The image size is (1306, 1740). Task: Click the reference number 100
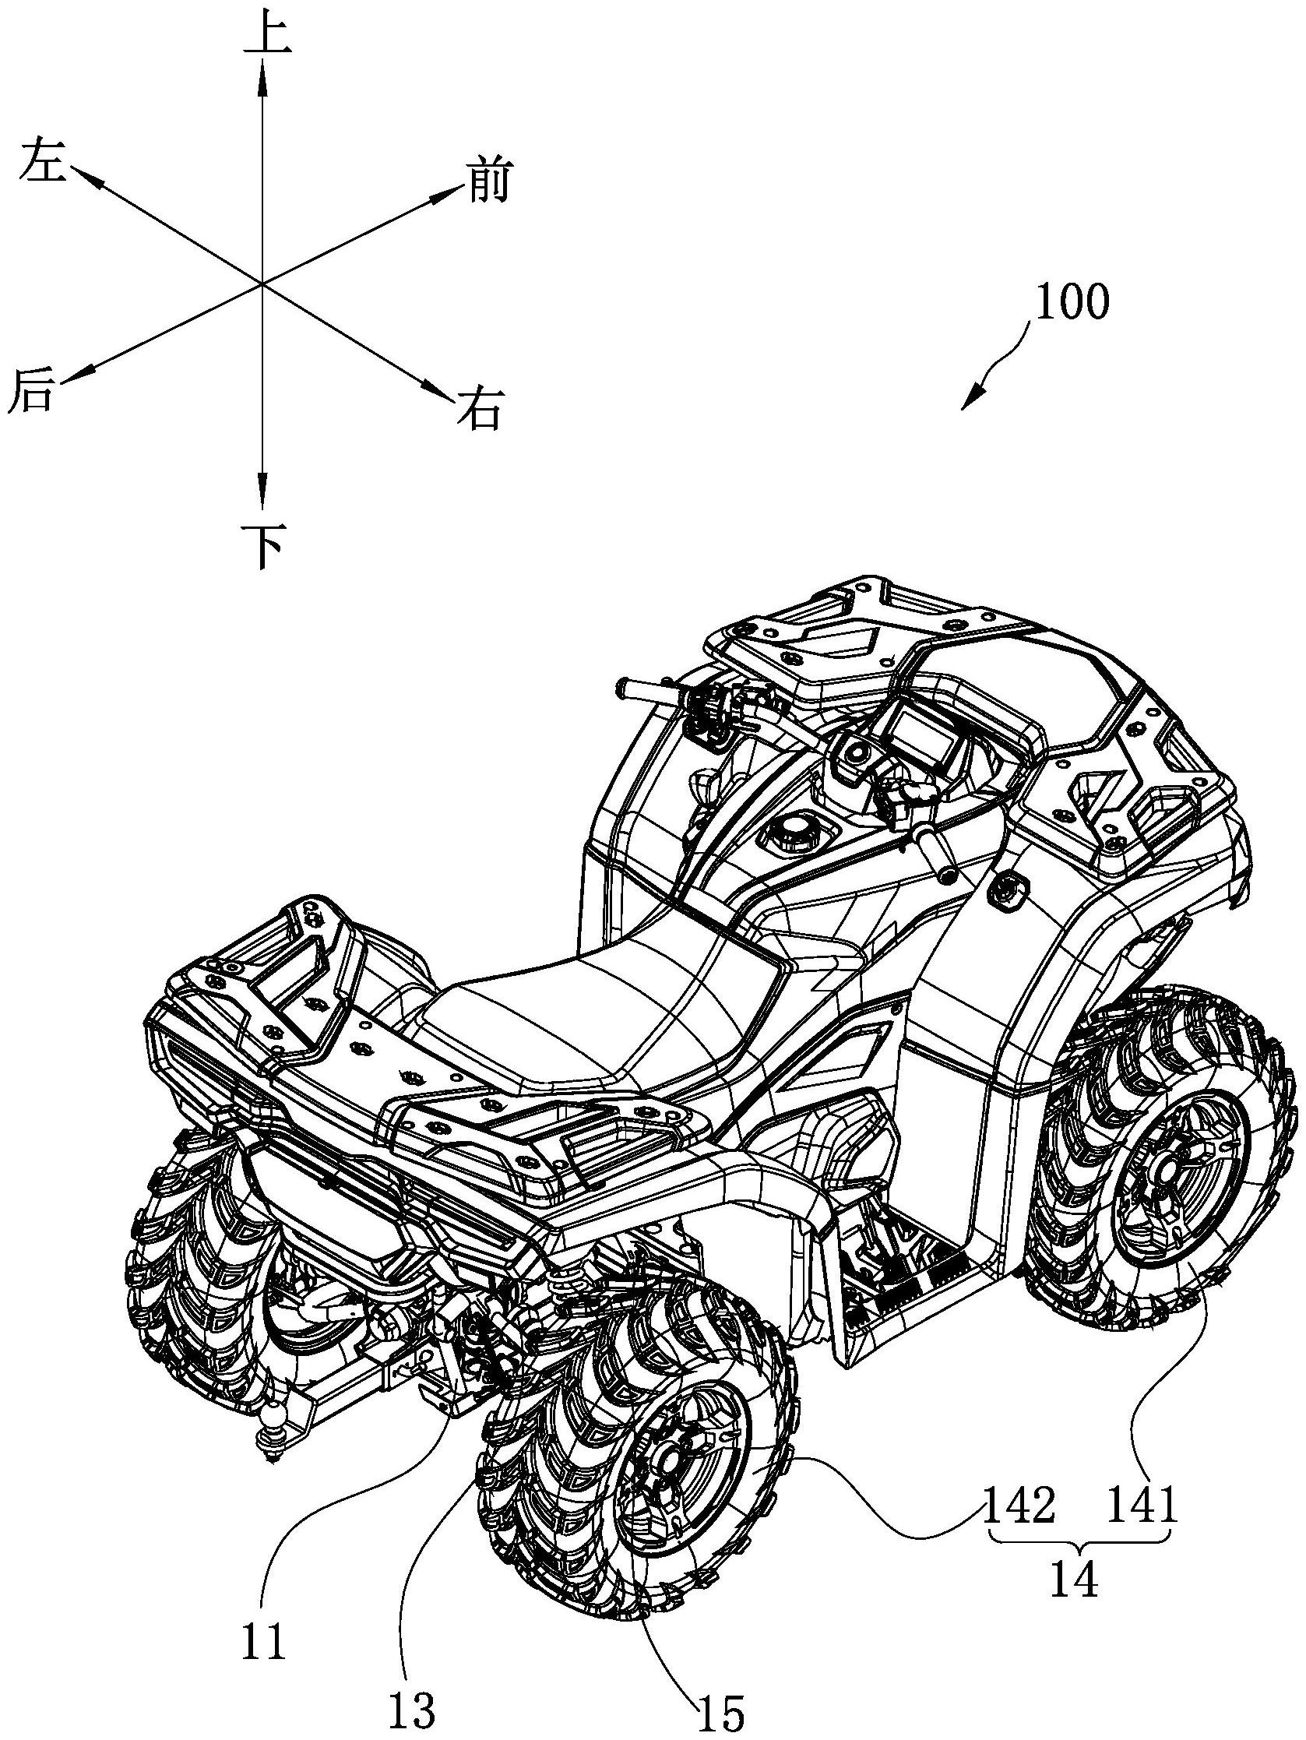1072,301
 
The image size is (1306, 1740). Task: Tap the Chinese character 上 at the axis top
266,34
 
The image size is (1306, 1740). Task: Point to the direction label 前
488,180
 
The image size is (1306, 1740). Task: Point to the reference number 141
1142,1505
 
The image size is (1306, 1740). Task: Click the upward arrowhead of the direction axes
262,75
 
